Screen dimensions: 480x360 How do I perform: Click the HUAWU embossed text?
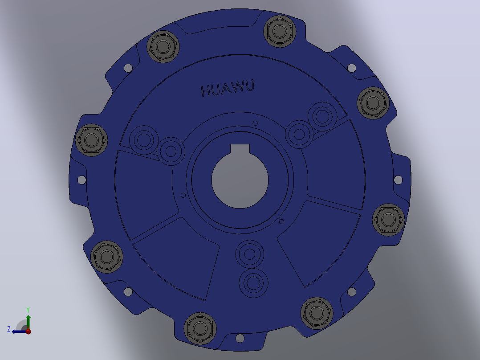point(228,89)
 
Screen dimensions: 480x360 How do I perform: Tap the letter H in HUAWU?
point(206,91)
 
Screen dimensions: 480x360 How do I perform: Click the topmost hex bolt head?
point(280,31)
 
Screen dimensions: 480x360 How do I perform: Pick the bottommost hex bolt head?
point(200,328)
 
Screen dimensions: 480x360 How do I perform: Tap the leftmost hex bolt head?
point(91,140)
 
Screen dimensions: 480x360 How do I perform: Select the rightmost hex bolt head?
point(388,219)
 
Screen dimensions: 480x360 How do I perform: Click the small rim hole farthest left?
point(82,180)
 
